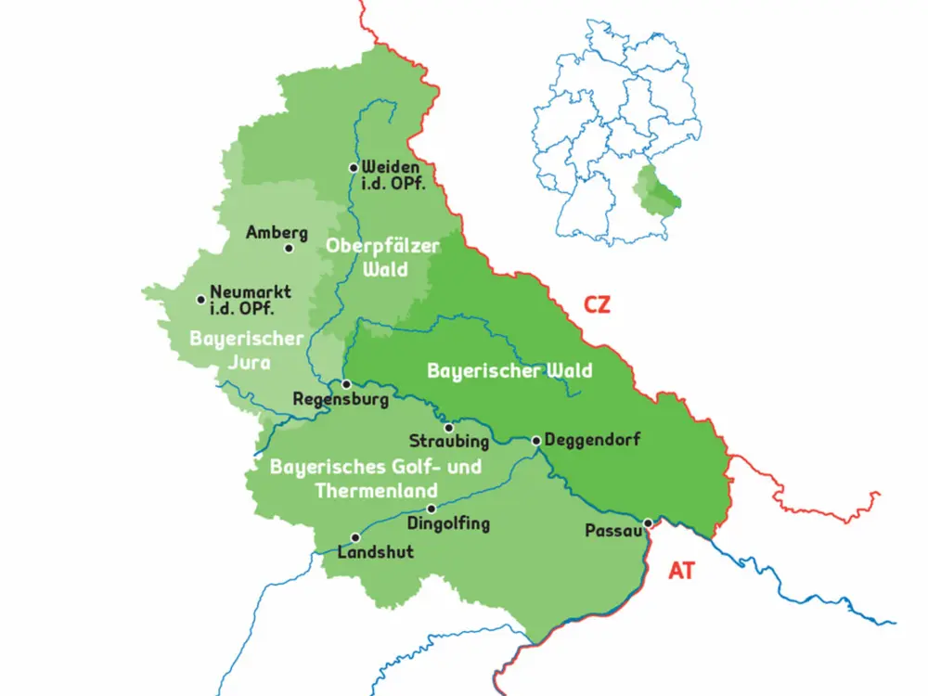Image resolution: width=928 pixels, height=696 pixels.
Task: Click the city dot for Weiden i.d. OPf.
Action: (354, 168)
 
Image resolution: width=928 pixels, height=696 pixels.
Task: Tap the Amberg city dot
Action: (289, 249)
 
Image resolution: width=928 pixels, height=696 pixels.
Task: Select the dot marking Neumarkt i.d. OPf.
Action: (201, 300)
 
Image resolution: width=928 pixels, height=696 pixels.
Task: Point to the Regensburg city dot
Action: (345, 384)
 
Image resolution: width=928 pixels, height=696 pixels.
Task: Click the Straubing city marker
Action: (449, 429)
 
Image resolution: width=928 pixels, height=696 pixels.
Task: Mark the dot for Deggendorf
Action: (536, 440)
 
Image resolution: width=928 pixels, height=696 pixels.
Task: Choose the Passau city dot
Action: (648, 523)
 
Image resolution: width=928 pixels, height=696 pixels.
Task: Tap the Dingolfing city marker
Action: (431, 509)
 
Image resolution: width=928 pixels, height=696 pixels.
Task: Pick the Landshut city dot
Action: (354, 537)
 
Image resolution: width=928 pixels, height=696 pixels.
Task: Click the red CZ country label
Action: (597, 304)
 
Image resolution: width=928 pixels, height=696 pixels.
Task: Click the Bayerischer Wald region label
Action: (509, 371)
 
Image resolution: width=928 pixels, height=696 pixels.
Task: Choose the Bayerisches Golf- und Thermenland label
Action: (376, 478)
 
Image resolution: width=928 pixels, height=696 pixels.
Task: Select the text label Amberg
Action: (277, 233)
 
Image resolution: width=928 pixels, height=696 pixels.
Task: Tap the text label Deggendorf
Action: (592, 440)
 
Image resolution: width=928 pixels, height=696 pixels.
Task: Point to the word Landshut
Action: (376, 552)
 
